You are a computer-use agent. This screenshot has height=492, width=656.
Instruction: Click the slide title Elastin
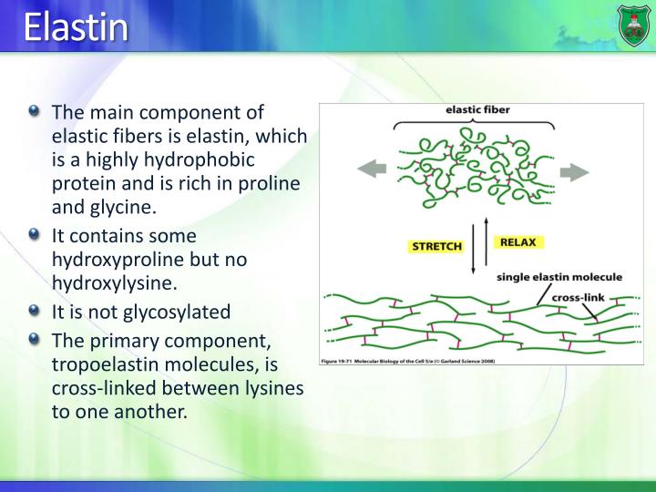point(76,27)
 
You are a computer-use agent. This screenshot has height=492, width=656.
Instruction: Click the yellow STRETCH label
point(437,246)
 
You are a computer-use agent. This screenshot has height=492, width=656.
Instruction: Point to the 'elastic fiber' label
point(477,110)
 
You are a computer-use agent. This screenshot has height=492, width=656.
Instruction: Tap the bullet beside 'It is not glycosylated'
point(35,311)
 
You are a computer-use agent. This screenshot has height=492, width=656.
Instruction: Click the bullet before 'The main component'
point(35,111)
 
